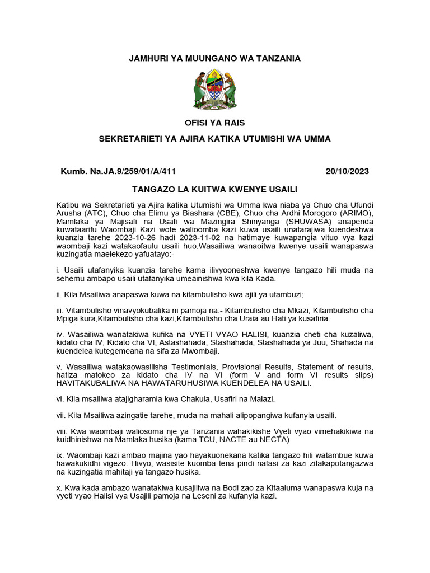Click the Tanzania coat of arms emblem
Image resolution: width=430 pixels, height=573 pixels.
214,89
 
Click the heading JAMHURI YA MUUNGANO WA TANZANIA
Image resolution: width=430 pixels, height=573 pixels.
215,58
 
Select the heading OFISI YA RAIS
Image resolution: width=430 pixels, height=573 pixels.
215,123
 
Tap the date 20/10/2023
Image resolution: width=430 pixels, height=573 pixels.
347,171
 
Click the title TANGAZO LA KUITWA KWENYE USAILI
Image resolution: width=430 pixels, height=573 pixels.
215,189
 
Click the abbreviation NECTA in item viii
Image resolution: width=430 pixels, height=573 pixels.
273,440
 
